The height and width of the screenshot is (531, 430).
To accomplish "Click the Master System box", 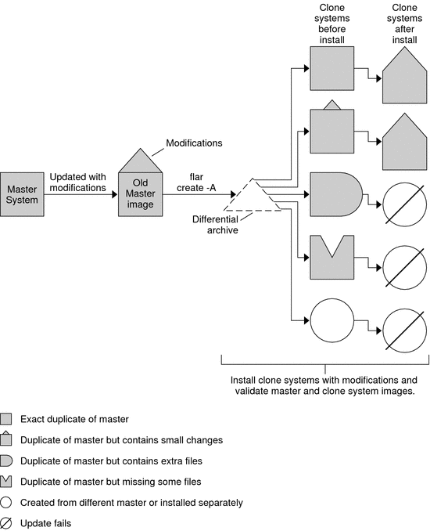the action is coord(22,194).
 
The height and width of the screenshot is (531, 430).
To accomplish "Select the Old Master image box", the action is coord(140,194).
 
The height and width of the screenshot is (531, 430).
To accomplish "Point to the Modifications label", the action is coord(194,143).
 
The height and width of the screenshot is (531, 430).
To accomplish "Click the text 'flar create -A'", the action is coord(196,182).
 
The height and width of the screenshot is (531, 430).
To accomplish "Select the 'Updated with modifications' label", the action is coord(77,182).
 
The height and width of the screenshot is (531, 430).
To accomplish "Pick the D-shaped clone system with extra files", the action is coord(336,194).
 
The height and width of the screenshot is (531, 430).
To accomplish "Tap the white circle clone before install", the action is coord(332,320).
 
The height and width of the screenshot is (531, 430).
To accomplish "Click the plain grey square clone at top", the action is coord(332,68).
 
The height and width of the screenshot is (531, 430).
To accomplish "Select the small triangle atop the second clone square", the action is coord(332,105).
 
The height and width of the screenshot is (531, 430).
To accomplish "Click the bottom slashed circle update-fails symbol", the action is coord(405,331).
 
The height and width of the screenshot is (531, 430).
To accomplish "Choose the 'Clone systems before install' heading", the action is coord(332,23).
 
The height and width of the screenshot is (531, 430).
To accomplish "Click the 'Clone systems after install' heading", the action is coord(404,23).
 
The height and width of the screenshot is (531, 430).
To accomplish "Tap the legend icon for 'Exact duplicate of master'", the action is coord(6,419).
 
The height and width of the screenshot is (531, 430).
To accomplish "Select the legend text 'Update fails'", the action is coord(46,523).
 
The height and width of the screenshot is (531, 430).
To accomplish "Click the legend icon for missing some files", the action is coord(6,481).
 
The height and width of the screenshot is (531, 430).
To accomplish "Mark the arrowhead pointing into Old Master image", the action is coord(115,194).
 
